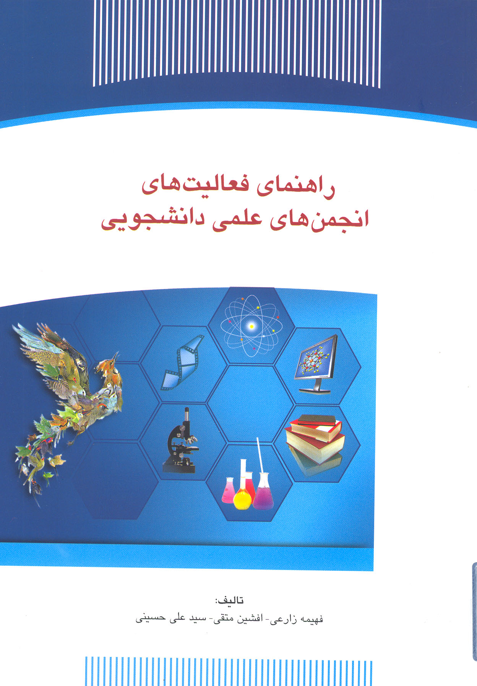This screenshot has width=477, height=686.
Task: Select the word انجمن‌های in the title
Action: (x=319, y=220)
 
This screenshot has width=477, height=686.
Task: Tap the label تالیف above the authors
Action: (x=229, y=600)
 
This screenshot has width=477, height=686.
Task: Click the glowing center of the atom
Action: (x=251, y=326)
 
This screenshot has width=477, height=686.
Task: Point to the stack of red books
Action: (x=316, y=439)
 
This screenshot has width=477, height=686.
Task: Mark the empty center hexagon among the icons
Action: (x=251, y=404)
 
